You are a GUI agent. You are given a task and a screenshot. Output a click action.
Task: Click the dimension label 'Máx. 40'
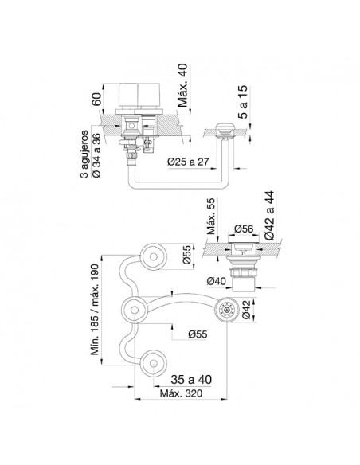(182, 85)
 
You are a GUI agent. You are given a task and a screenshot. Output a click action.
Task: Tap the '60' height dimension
(97, 99)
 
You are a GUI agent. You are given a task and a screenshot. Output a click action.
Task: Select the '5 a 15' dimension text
(243, 102)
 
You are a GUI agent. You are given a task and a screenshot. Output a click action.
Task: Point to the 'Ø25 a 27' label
(188, 162)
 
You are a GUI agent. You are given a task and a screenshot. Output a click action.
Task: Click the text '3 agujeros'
(84, 154)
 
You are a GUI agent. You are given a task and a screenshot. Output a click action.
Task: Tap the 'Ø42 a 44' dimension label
(269, 216)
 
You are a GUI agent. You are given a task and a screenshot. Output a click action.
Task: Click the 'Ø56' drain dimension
(244, 229)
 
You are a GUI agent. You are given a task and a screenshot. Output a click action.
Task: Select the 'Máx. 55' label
(211, 217)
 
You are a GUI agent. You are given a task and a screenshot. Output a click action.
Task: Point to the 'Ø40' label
(217, 280)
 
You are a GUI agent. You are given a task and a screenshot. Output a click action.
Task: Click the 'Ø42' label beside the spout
(246, 310)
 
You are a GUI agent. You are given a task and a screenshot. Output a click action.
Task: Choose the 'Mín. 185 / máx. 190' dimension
(95, 309)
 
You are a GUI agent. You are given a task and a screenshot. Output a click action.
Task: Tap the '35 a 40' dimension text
(191, 379)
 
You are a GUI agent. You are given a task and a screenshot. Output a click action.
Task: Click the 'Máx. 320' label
(181, 393)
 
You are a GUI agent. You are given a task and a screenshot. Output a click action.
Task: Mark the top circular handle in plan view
(153, 257)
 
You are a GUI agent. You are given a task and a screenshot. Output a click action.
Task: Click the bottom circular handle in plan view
(153, 364)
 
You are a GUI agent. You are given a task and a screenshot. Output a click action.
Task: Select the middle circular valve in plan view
(135, 310)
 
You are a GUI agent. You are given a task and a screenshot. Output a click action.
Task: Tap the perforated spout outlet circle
(228, 310)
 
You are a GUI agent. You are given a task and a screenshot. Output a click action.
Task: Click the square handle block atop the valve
(139, 95)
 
